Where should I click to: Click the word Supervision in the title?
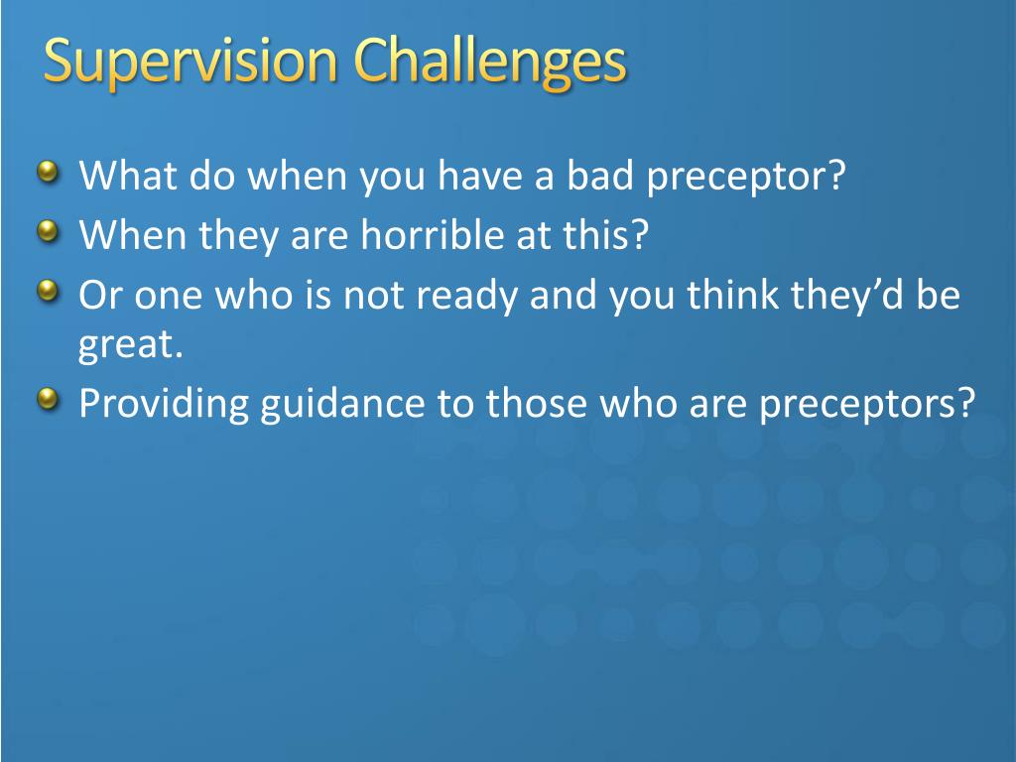tap(190, 63)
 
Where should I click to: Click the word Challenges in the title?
tap(490, 63)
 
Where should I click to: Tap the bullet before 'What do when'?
tap(49, 173)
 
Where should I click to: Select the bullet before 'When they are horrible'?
tap(49, 230)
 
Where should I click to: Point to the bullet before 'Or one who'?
tap(49, 291)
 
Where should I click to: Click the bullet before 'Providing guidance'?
tap(49, 399)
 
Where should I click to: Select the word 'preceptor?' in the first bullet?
tap(746, 178)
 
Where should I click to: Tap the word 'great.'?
tap(131, 346)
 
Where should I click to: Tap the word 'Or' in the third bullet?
tap(100, 294)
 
